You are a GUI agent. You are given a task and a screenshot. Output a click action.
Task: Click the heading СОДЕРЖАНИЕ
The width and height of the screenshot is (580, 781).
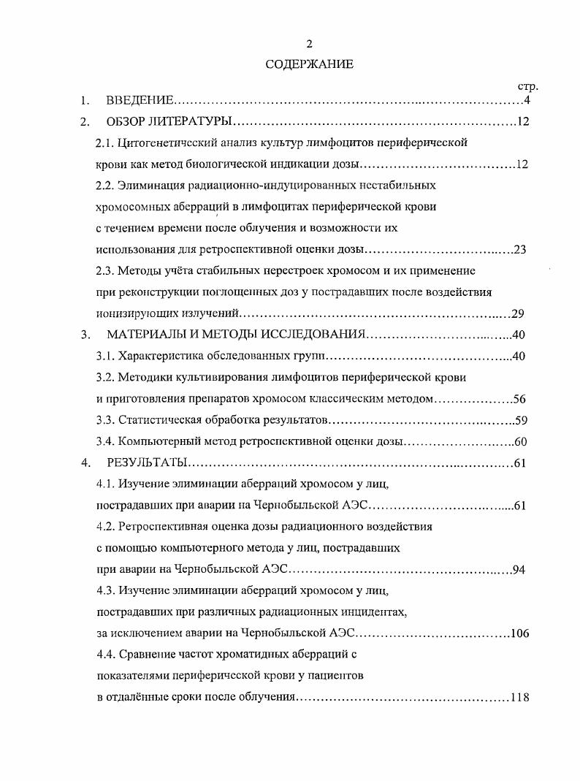click(309, 64)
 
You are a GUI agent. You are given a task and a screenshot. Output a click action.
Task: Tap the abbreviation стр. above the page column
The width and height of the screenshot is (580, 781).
click(527, 87)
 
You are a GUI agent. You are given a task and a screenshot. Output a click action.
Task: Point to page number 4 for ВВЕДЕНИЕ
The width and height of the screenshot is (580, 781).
click(526, 100)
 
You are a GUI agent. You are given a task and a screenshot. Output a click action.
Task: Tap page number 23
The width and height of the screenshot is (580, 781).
click(519, 249)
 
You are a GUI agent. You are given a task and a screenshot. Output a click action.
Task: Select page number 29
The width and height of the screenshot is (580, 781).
click(518, 314)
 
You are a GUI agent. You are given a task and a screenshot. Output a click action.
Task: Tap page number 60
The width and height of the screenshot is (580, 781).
click(520, 441)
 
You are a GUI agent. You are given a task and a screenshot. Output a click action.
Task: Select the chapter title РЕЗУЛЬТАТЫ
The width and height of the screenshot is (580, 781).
click(147, 462)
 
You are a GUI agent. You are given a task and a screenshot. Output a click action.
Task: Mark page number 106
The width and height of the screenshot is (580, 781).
click(519, 633)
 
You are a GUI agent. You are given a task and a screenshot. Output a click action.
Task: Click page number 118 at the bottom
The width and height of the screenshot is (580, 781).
click(519, 697)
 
